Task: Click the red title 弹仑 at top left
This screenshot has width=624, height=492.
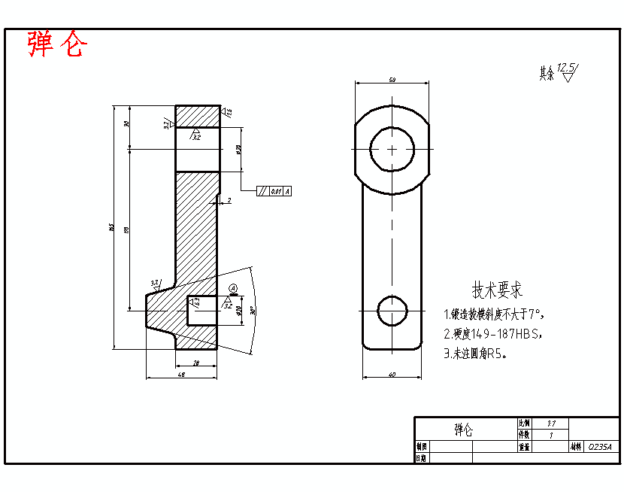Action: click(x=57, y=45)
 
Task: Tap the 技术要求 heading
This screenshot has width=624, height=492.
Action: click(x=497, y=290)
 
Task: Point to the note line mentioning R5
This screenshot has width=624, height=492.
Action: click(x=474, y=354)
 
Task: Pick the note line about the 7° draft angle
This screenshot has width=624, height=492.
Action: click(x=493, y=314)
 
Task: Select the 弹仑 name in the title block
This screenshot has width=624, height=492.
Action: click(x=464, y=430)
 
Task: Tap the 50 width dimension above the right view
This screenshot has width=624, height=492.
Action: click(x=392, y=79)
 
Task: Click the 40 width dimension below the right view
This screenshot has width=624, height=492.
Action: click(x=391, y=374)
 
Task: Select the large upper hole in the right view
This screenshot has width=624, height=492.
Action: click(x=392, y=149)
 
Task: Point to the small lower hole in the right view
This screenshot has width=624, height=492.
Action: click(x=392, y=310)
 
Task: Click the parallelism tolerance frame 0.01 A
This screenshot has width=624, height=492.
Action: click(x=274, y=191)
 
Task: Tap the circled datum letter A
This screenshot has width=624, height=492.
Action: click(x=233, y=288)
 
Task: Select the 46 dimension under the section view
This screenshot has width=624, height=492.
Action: click(x=180, y=374)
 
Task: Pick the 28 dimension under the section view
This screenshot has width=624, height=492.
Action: click(x=196, y=363)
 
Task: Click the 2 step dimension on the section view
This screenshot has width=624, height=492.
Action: click(x=229, y=200)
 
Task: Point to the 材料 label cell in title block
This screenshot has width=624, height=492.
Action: click(x=576, y=446)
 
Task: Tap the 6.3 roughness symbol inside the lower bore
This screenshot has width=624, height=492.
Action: click(x=195, y=302)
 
